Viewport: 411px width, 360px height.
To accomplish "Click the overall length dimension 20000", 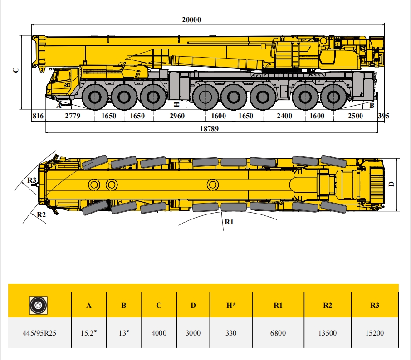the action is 191,20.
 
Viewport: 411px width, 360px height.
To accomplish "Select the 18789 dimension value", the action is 209,129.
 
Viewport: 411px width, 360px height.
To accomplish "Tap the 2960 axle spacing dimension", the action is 177,116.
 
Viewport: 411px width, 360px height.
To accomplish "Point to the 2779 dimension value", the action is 73,116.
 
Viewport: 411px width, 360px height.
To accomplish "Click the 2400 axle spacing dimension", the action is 284,116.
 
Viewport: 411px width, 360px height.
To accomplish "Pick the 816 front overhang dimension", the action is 38,116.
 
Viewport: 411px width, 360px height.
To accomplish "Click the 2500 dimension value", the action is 356,116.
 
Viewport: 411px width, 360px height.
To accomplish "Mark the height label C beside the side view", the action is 16,70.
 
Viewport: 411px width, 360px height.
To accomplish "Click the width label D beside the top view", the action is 392,184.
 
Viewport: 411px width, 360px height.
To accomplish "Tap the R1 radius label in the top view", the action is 229,222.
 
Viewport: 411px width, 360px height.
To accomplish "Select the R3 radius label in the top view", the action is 32,180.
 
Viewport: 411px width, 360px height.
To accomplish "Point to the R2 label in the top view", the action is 41,215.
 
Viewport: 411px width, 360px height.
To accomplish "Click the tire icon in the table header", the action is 38,305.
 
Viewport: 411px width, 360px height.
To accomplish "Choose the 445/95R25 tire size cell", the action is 39,333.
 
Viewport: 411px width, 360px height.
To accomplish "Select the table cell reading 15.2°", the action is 88,333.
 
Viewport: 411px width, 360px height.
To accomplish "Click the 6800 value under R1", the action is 278,333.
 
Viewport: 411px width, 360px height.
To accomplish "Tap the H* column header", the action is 231,306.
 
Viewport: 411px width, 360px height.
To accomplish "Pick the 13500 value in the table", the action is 328,333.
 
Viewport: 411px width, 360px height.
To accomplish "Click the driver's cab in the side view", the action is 63,83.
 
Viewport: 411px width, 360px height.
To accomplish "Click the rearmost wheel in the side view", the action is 333,97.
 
